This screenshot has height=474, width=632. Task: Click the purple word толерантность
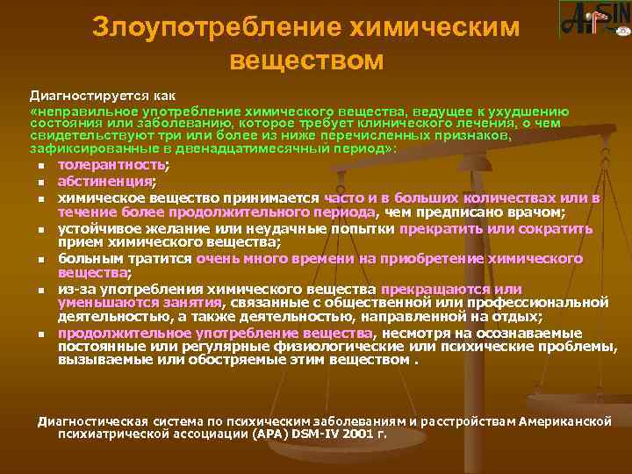[x=111, y=165]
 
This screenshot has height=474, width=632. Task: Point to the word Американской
[x=565, y=397]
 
